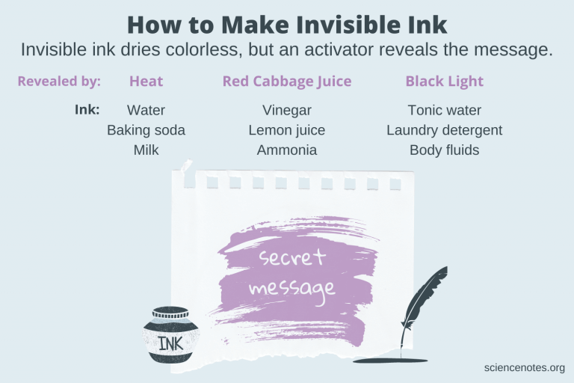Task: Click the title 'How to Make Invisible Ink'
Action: [287, 24]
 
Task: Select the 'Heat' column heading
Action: [146, 82]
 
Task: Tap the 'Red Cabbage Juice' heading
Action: [287, 82]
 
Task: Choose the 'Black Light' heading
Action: [444, 82]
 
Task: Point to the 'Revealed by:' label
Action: [59, 82]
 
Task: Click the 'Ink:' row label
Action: [87, 109]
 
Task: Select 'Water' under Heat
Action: [146, 111]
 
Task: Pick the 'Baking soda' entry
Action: [146, 130]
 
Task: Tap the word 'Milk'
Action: [146, 150]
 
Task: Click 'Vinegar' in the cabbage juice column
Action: [287, 111]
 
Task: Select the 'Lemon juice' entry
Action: [287, 130]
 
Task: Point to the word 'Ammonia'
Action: [287, 150]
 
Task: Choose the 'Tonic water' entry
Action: [444, 111]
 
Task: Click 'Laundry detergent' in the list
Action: [444, 130]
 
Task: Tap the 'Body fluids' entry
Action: [444, 150]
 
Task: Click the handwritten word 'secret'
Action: [292, 258]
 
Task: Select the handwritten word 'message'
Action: [292, 288]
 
